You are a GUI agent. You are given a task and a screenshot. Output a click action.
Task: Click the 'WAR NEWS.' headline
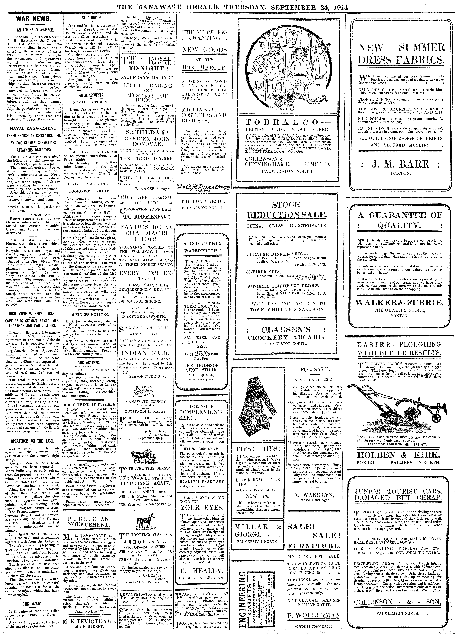(33, 19)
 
